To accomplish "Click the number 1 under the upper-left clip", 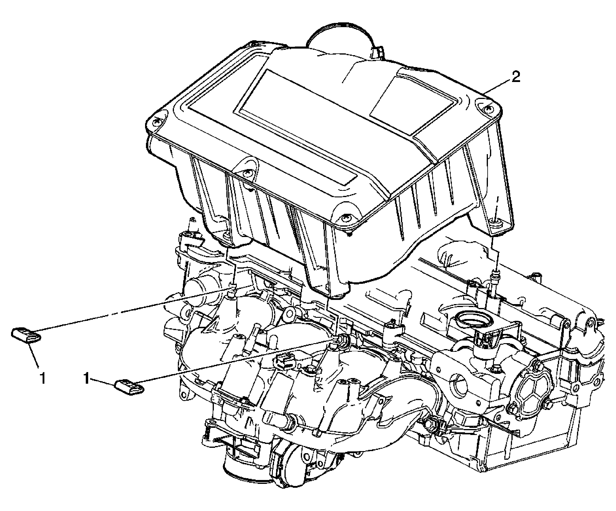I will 43,379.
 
